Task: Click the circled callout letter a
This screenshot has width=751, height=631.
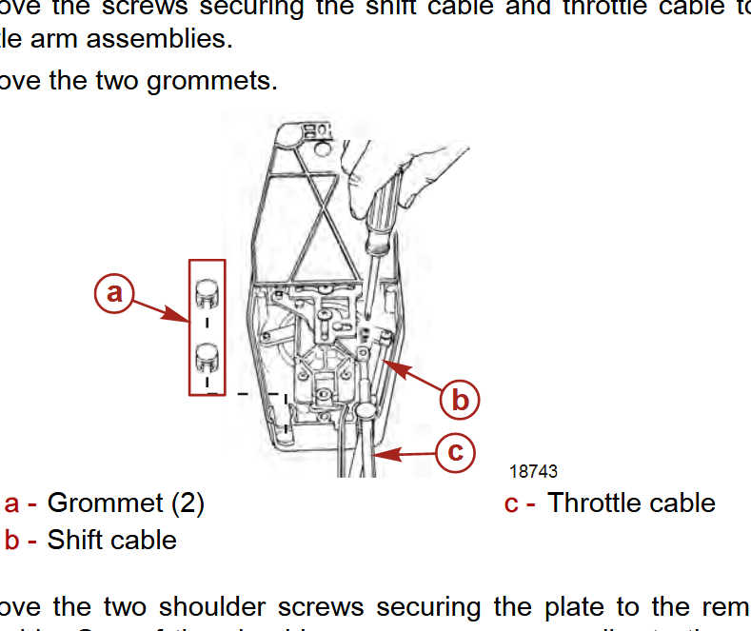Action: [x=114, y=293]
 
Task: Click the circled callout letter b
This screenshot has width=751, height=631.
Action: [x=460, y=400]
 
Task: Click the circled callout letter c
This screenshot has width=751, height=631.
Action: [x=456, y=451]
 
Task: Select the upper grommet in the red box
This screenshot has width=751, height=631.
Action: [x=208, y=293]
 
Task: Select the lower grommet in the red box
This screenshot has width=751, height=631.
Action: [x=208, y=358]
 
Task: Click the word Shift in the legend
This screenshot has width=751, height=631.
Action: [x=71, y=540]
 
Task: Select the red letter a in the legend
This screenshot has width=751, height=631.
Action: [x=12, y=503]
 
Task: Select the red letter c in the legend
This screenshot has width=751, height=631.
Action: [x=512, y=503]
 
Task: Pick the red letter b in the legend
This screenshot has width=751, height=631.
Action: [x=12, y=540]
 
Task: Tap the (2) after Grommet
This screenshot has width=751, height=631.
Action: [x=188, y=503]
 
